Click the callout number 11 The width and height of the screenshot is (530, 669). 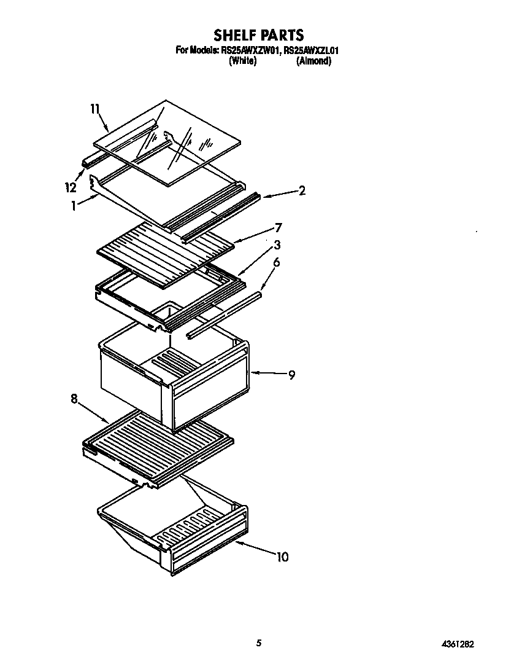pos(94,109)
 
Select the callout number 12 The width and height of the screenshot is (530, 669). pos(72,187)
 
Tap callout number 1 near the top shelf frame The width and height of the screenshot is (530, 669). pos(74,206)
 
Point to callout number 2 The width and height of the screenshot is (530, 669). pos(302,190)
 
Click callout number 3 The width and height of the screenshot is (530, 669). pos(277,245)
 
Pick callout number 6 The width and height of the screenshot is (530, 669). pos(277,262)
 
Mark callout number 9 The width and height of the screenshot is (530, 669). pos(291,374)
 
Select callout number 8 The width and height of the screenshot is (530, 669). pos(74,399)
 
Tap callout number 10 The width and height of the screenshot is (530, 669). pos(282,557)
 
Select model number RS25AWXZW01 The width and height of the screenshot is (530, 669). pos(250,50)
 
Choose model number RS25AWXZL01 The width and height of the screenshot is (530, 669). pos(310,50)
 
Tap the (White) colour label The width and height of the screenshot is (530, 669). pos(242,61)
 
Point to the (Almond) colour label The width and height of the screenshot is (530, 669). pos(313,61)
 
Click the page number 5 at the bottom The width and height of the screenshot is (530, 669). pos(259,643)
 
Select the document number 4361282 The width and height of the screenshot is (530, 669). pos(457,644)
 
